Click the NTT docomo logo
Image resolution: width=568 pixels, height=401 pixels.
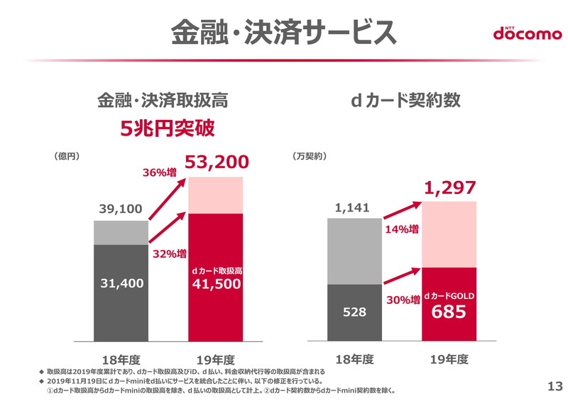coord(527,33)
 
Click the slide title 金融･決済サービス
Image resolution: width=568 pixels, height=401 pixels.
coord(284,31)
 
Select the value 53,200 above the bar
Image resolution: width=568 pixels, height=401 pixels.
coord(217,164)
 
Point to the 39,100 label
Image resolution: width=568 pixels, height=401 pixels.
coord(120,209)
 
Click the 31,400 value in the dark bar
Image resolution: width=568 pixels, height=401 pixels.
coord(121,283)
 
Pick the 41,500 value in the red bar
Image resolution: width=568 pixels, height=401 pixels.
coord(217,284)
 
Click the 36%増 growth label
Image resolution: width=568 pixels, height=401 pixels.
coord(160,172)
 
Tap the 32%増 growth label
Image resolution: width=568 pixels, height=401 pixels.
coord(170,253)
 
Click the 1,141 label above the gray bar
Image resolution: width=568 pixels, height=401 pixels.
coord(353,207)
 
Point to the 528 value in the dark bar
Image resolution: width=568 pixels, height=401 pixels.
coord(354,312)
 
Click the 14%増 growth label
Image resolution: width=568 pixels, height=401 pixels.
coord(402,229)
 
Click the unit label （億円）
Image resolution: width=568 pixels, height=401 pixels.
coord(69,155)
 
